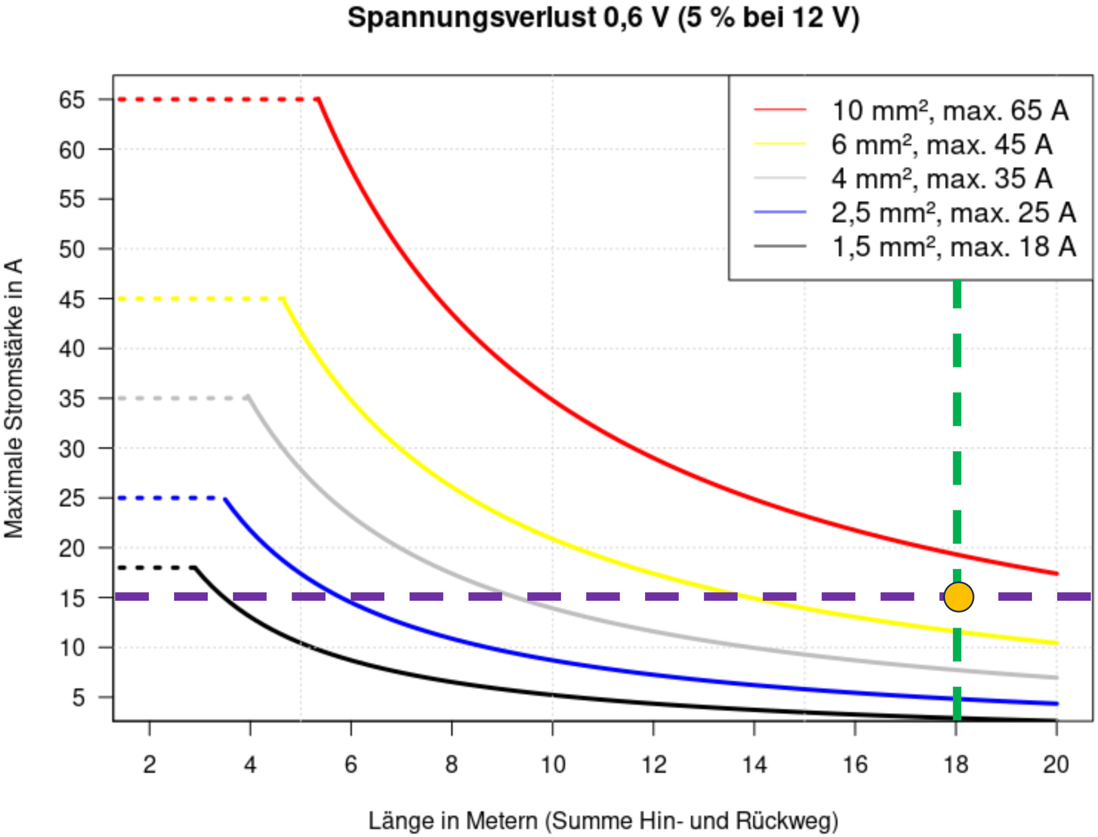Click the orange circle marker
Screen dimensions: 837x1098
point(958,596)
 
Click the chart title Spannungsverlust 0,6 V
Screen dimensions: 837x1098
point(603,18)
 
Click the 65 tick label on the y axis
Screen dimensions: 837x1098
point(72,100)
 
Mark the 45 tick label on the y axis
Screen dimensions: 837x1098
point(72,299)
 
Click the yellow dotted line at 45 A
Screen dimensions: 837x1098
point(199,299)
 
